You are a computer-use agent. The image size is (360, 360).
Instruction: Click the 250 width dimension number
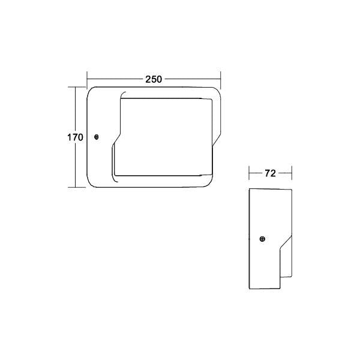point(154,79)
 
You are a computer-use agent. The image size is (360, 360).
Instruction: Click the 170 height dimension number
point(75,137)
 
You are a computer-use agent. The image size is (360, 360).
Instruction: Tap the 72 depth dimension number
point(270,173)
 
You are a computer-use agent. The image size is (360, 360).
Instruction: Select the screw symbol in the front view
point(97,137)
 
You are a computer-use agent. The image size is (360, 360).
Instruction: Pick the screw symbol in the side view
point(262,239)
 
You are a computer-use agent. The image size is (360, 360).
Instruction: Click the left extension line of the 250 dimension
point(87,80)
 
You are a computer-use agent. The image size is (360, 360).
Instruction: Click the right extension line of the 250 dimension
point(220,80)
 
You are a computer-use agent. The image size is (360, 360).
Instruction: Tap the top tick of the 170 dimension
point(77,87)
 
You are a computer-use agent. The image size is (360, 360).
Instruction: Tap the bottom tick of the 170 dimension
point(77,187)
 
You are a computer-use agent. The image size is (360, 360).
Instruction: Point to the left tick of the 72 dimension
point(249,173)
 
